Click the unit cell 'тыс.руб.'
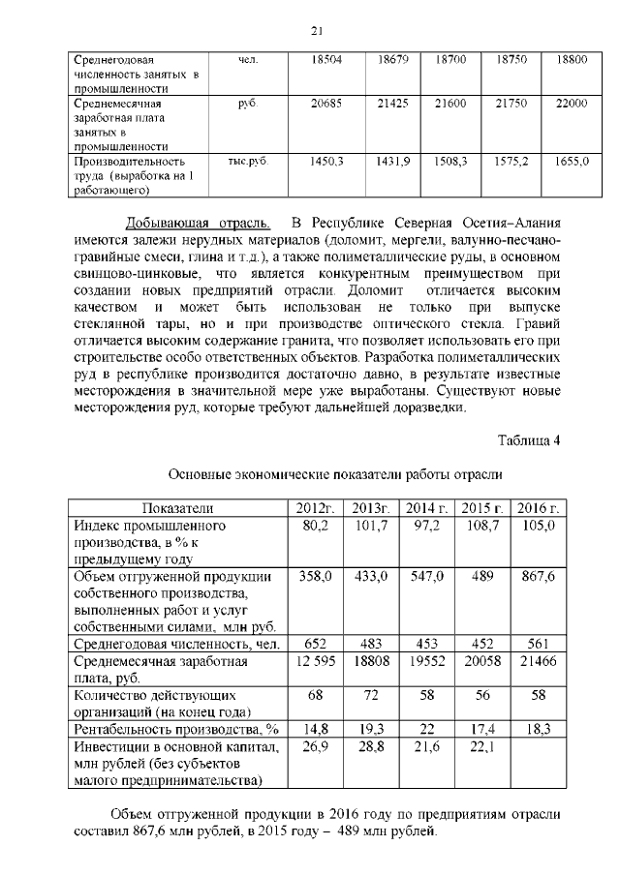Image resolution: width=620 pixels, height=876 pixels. (x=247, y=162)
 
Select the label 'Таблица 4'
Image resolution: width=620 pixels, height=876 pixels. (x=529, y=441)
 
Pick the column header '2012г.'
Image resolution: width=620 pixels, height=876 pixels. (x=316, y=508)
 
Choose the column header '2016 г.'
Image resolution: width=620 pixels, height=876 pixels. (x=538, y=508)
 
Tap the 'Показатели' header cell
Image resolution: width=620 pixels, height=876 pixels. (x=177, y=508)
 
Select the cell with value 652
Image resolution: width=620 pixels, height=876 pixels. (x=316, y=644)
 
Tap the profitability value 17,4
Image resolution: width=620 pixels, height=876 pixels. (x=481, y=729)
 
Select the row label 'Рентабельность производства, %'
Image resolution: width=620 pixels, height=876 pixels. (x=176, y=729)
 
